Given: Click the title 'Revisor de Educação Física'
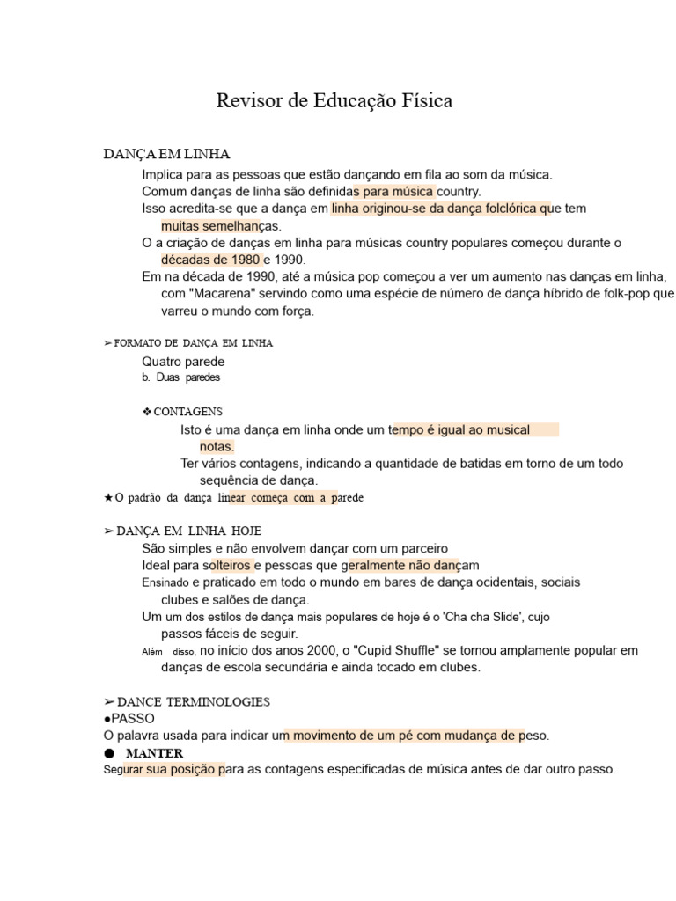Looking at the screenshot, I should pyautogui.click(x=334, y=101).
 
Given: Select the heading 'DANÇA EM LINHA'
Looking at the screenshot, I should pyautogui.click(x=166, y=155).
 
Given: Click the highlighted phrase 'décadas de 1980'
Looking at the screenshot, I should pyautogui.click(x=210, y=260).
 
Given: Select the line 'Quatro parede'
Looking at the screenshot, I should pyautogui.click(x=183, y=362).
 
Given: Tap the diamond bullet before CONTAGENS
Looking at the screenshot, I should pyautogui.click(x=147, y=412).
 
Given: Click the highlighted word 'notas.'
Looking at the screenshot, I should pyautogui.click(x=217, y=447).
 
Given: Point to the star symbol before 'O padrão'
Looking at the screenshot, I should pyautogui.click(x=108, y=498).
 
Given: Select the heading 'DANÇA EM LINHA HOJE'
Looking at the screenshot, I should pyautogui.click(x=188, y=531).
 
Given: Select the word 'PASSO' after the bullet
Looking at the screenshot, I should pyautogui.click(x=133, y=719).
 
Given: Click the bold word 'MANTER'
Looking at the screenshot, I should pyautogui.click(x=155, y=753).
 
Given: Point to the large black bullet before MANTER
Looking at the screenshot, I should pyautogui.click(x=109, y=753).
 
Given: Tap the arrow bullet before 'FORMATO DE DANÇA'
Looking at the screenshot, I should pyautogui.click(x=108, y=343).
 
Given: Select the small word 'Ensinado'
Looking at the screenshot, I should pyautogui.click(x=165, y=583).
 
